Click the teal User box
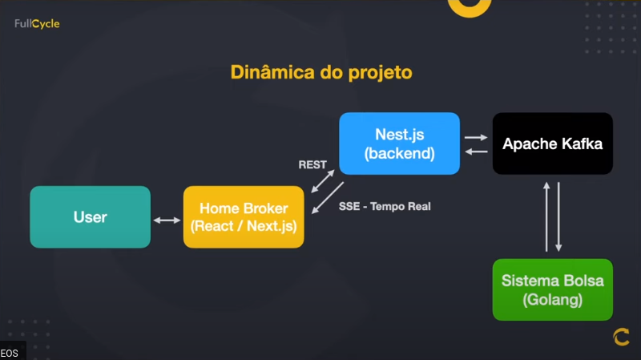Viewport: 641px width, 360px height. tap(90, 217)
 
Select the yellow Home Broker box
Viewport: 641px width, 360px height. tap(244, 217)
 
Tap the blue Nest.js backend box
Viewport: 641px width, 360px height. tap(399, 144)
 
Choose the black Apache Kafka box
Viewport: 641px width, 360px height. tap(552, 144)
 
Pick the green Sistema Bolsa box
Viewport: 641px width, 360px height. tap(552, 290)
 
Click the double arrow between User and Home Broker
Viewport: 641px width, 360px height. tap(167, 220)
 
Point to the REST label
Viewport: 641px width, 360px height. tap(312, 164)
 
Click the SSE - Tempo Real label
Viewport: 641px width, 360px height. tap(385, 207)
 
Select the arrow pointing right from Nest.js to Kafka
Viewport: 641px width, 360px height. tap(476, 137)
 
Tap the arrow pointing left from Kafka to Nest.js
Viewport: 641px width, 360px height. tap(476, 151)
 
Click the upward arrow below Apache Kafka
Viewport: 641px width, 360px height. tap(546, 216)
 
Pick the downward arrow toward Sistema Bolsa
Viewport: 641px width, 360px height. tap(559, 216)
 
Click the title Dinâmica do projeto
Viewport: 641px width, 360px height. tap(320, 72)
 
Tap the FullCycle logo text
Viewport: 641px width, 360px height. tap(37, 24)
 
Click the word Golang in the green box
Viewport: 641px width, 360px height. tap(552, 301)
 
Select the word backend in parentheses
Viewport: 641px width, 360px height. tap(399, 153)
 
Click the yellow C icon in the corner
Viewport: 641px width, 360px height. tap(621, 338)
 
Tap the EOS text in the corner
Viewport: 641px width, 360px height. tap(10, 353)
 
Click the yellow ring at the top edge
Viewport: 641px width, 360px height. tap(469, 6)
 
